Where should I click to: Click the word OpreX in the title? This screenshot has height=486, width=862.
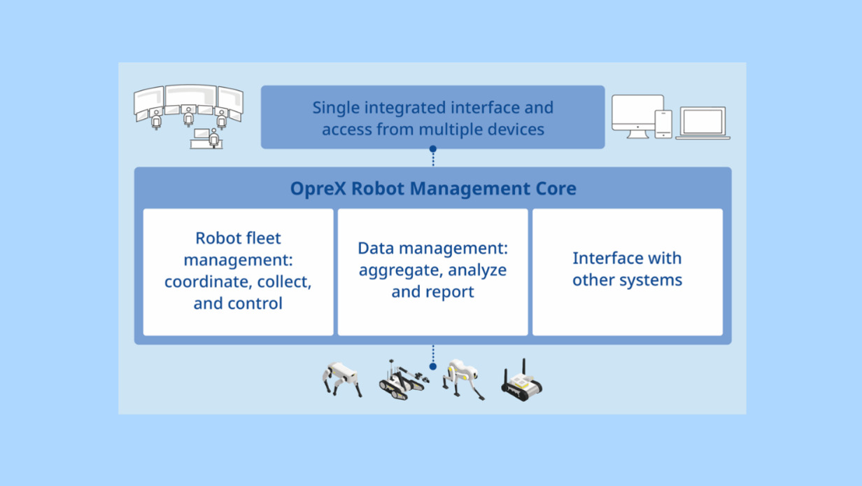click(x=318, y=188)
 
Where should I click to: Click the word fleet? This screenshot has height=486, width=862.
click(x=262, y=238)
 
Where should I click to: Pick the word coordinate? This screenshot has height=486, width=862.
click(x=209, y=282)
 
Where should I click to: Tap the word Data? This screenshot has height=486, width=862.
click(x=376, y=248)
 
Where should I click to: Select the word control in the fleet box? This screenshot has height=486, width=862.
click(x=255, y=303)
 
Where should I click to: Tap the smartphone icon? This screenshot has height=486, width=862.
click(x=663, y=124)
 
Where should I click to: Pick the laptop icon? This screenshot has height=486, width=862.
click(x=702, y=123)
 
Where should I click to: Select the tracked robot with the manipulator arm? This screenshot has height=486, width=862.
click(x=403, y=380)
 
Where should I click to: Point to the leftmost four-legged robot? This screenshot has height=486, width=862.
click(x=342, y=380)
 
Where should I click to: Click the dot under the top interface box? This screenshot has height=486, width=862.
click(x=433, y=148)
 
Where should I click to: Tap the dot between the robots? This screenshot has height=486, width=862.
click(x=433, y=367)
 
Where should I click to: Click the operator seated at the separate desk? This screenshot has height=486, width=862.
click(x=214, y=138)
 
